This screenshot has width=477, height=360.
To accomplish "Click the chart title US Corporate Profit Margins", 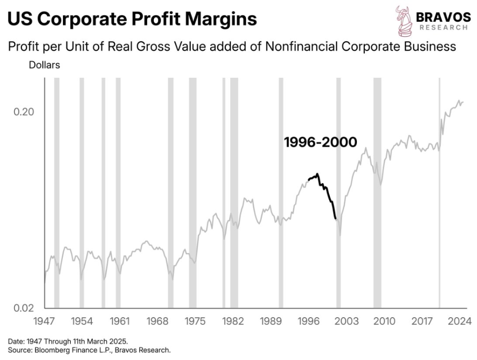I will click(132, 19).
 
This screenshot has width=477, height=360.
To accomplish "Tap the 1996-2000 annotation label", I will click(320, 143).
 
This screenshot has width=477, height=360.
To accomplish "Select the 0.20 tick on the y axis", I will click(23, 112).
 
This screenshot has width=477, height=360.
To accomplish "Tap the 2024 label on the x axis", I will click(459, 321).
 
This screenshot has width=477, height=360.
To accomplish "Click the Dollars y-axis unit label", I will click(44, 65).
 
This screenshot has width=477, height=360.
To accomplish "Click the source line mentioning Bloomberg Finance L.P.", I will click(89, 349).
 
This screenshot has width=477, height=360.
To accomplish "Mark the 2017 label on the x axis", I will click(422, 321).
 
